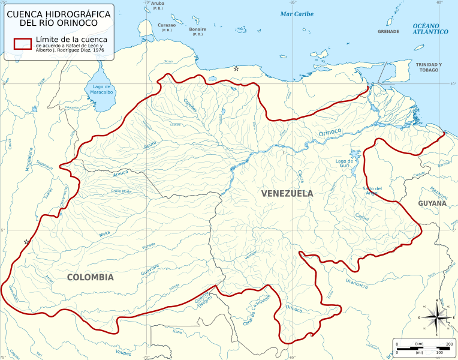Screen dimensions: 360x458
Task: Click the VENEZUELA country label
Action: [287, 193]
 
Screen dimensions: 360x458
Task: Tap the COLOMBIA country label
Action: [90, 277]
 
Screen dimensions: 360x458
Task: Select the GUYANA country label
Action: [432, 203]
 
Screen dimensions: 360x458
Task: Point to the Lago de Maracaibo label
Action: [98, 90]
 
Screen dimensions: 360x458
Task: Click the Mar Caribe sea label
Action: [297, 14]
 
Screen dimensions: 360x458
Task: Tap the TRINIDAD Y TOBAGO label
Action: [429, 67]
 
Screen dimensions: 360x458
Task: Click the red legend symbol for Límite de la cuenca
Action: [23, 43]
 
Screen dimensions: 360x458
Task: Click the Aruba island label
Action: [158, 4]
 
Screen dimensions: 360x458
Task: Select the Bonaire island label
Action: [197, 29]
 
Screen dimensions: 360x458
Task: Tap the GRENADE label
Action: [388, 31]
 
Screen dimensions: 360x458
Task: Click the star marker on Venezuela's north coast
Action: [236, 69]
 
